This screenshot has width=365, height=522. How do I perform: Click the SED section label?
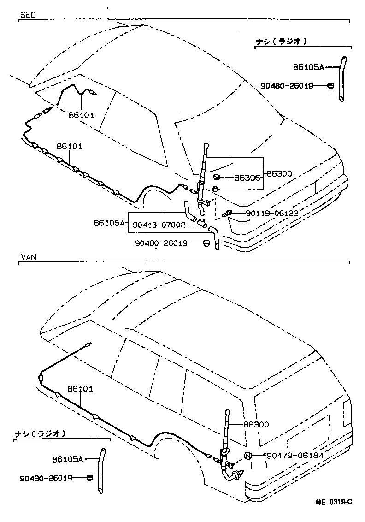click(28, 15)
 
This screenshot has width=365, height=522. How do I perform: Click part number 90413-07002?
click(159, 225)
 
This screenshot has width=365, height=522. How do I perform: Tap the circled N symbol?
click(247, 456)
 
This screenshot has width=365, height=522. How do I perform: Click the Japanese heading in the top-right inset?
click(281, 42)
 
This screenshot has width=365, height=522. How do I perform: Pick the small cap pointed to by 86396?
click(216, 178)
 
